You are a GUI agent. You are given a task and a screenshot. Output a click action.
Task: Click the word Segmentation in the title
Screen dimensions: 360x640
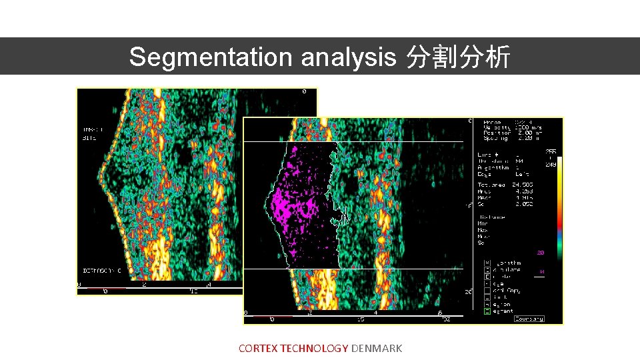(211, 57)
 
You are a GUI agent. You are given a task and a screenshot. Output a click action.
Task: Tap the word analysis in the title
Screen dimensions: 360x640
(348, 57)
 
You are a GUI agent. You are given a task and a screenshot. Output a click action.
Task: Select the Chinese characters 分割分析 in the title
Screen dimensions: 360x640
(459, 57)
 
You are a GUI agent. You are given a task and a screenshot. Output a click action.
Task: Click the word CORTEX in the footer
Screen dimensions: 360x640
(259, 348)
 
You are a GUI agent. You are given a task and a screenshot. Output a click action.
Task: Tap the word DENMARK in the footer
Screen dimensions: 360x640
(376, 348)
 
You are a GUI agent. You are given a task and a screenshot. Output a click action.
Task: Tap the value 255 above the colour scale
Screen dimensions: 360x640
(551, 151)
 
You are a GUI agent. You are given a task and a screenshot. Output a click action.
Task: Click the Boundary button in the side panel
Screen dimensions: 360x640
(529, 319)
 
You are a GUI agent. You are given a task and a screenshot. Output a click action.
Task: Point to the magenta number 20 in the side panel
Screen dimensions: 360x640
(541, 253)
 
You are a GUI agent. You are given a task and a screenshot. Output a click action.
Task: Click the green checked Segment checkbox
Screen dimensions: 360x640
(487, 311)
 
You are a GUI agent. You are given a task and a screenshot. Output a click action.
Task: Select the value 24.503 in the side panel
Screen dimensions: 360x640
(523, 184)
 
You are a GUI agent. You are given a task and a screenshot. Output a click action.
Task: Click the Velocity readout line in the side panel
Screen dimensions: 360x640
(504, 127)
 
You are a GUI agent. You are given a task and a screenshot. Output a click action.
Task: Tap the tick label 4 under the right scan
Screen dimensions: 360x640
(375, 312)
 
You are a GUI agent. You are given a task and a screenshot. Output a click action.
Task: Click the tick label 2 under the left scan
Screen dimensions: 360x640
(145, 284)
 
